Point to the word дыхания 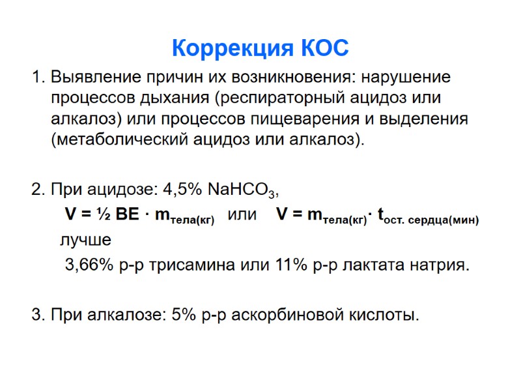pyautogui.click(x=175, y=98)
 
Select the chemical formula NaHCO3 pyautogui.click(x=241, y=190)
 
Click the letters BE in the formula pyautogui.click(x=129, y=214)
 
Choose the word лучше pyautogui.click(x=85, y=240)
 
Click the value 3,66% pyautogui.click(x=88, y=266)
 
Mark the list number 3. pyautogui.click(x=36, y=315)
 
